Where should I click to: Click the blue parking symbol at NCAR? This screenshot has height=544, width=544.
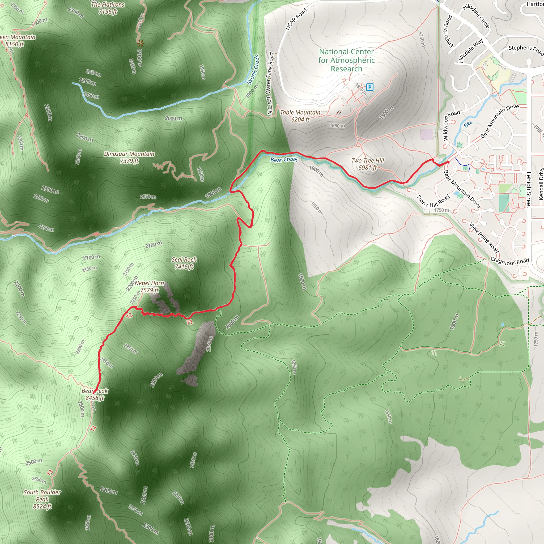(369, 87)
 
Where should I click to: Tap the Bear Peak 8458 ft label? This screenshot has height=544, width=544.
(95, 394)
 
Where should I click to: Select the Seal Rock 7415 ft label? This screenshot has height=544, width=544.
(184, 263)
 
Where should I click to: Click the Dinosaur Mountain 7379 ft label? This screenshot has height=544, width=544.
(129, 158)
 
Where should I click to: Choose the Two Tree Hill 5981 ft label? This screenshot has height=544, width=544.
(368, 164)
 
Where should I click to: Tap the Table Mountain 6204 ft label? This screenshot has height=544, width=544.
(300, 116)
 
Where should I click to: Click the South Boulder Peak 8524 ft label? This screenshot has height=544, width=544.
(42, 499)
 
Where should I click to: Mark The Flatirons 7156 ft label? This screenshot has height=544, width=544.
(108, 8)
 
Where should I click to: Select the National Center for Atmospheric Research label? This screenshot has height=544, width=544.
(346, 60)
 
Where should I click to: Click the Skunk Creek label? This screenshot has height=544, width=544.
(253, 70)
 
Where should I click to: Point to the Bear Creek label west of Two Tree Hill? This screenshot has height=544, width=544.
(284, 159)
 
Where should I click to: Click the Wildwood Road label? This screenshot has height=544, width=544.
(451, 125)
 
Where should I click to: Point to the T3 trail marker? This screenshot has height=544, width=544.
(50, 473)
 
